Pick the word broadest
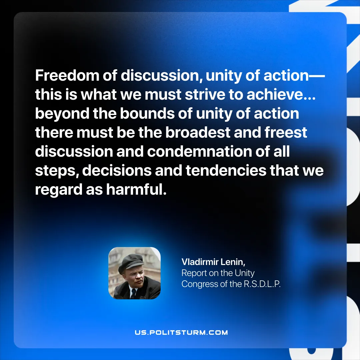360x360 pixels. (198, 132)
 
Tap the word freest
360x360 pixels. (286, 132)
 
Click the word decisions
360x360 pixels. (117, 171)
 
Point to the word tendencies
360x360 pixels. (226, 171)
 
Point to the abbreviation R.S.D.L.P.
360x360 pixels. (262, 284)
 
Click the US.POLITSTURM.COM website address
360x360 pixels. (181, 332)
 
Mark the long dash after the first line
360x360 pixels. (317, 76)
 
